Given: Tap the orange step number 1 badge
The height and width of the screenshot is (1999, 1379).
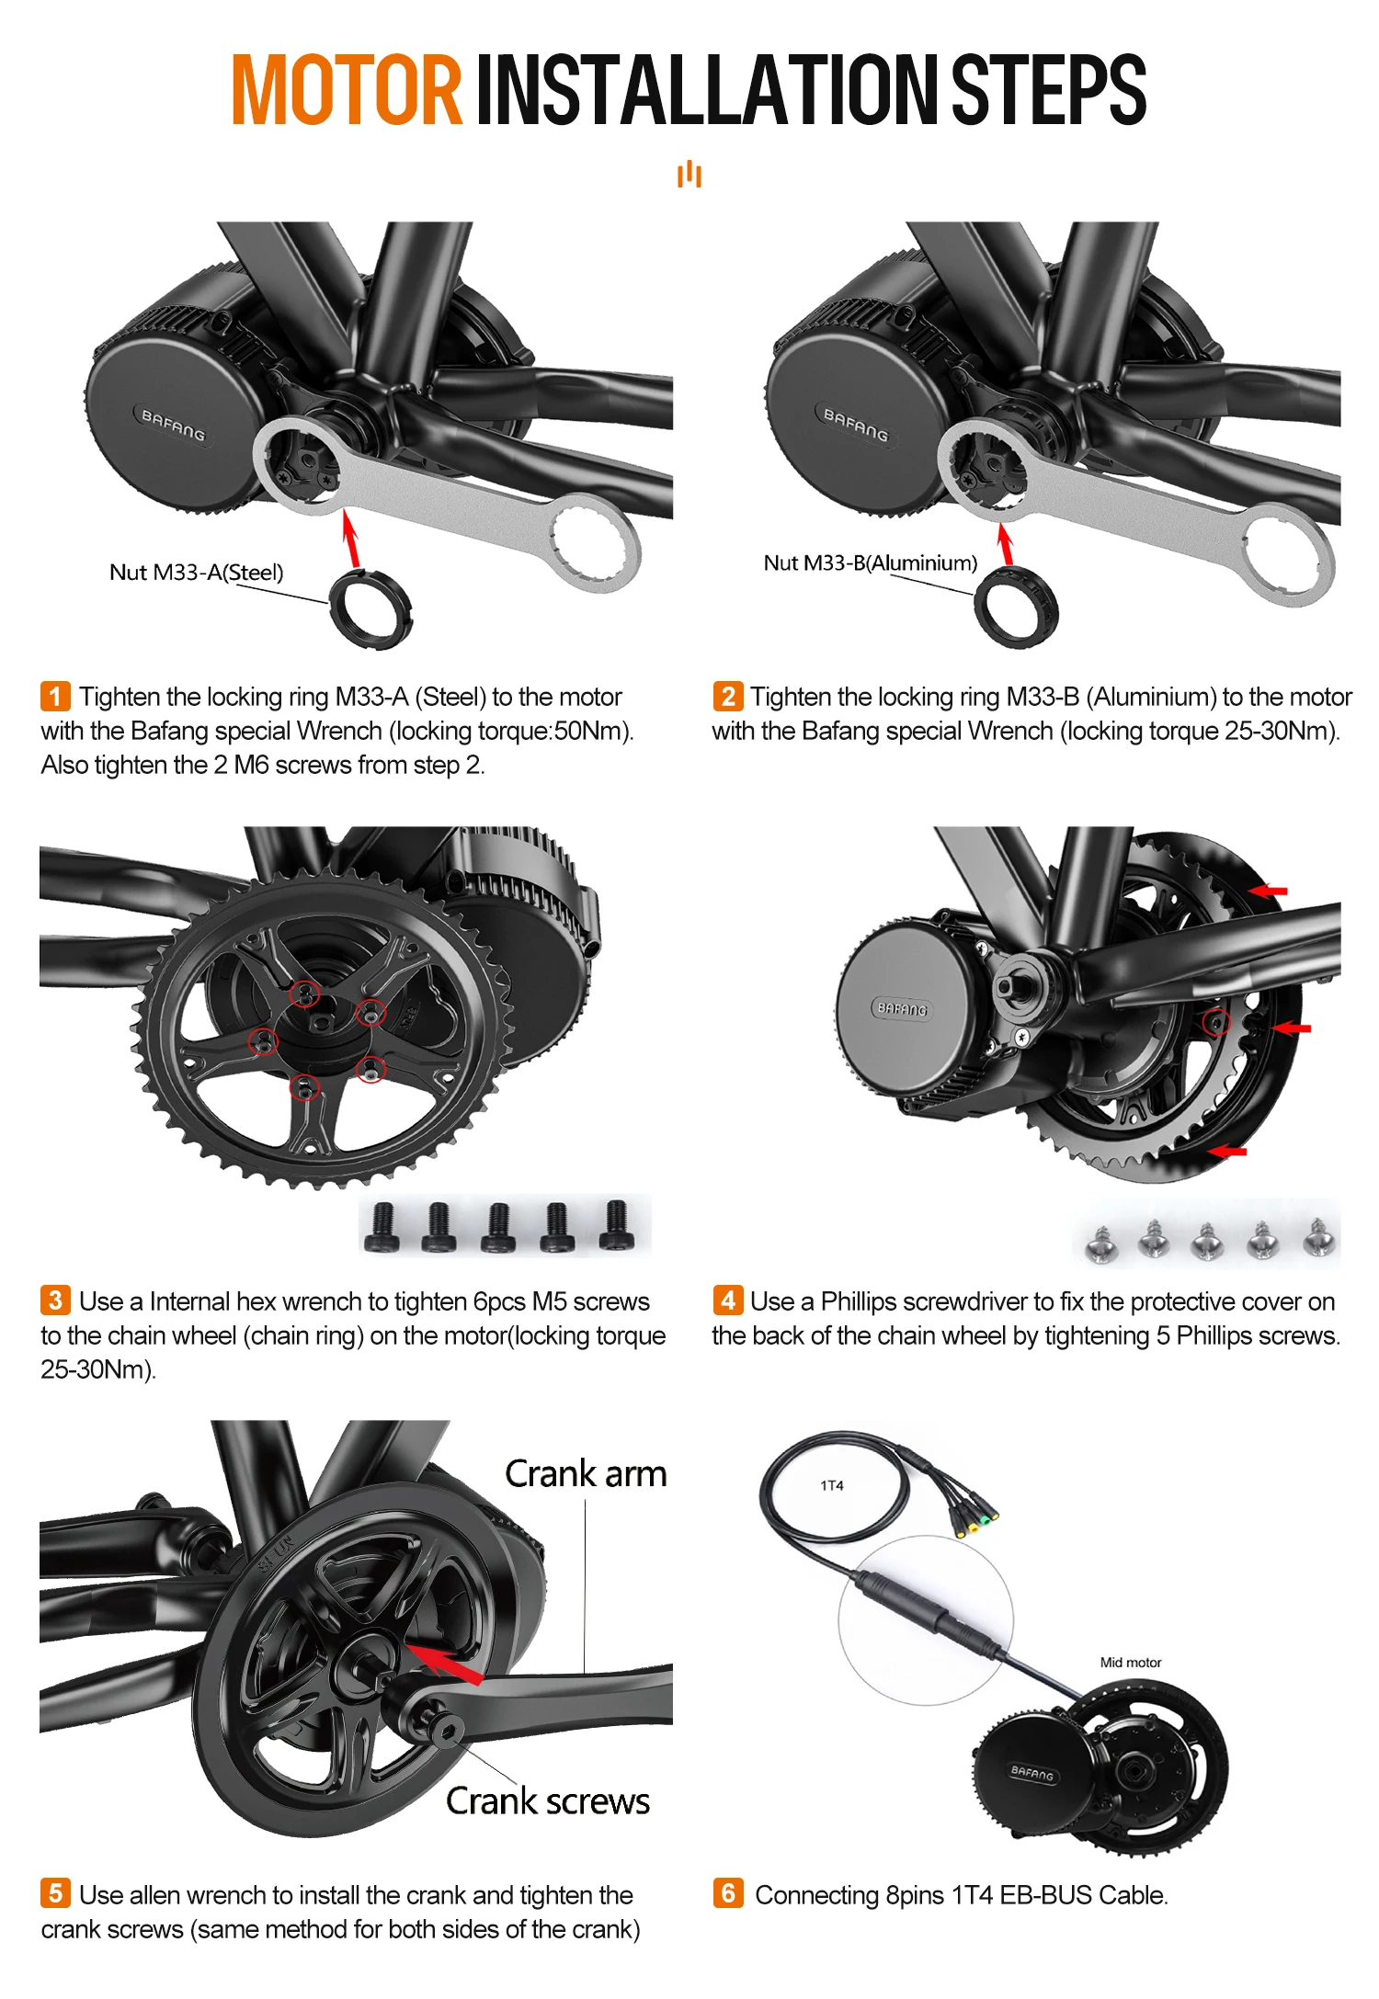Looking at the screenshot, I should coord(55,696).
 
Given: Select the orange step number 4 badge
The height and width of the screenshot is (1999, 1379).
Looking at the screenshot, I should coord(727,1300).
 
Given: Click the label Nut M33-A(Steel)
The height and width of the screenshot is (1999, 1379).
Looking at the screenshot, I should coord(196,573).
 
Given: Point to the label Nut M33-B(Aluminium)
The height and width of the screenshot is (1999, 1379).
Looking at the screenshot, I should coord(870,562).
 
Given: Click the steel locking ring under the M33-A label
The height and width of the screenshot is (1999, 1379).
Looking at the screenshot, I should coord(370,608).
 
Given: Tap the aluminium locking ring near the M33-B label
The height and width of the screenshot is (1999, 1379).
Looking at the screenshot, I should coord(1016,607).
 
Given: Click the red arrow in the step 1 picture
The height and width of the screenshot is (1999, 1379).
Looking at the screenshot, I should coord(350,539).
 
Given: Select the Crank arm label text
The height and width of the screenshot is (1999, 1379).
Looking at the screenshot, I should coord(586,1474).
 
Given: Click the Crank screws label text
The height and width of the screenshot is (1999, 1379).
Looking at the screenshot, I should coord(548,1801).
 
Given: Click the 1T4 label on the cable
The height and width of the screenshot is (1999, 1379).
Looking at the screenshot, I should coord(831,1485).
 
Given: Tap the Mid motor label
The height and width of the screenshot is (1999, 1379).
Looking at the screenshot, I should coord(1130,1662).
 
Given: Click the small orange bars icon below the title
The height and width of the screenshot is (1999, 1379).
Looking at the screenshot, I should coord(689,174).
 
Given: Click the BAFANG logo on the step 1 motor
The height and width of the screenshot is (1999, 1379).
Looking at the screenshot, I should coord(173,425).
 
